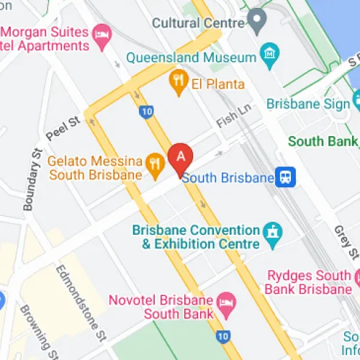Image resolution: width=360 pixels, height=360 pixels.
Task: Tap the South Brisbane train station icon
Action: pyautogui.click(x=287, y=177)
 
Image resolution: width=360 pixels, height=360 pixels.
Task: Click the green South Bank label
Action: pyautogui.click(x=322, y=141)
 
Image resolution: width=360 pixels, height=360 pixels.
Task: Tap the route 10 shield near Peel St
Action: pyautogui.click(x=147, y=111)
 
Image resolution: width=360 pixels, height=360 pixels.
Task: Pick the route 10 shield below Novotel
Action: pyautogui.click(x=224, y=336)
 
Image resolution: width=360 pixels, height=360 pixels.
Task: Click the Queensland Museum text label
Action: pyautogui.click(x=192, y=57)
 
